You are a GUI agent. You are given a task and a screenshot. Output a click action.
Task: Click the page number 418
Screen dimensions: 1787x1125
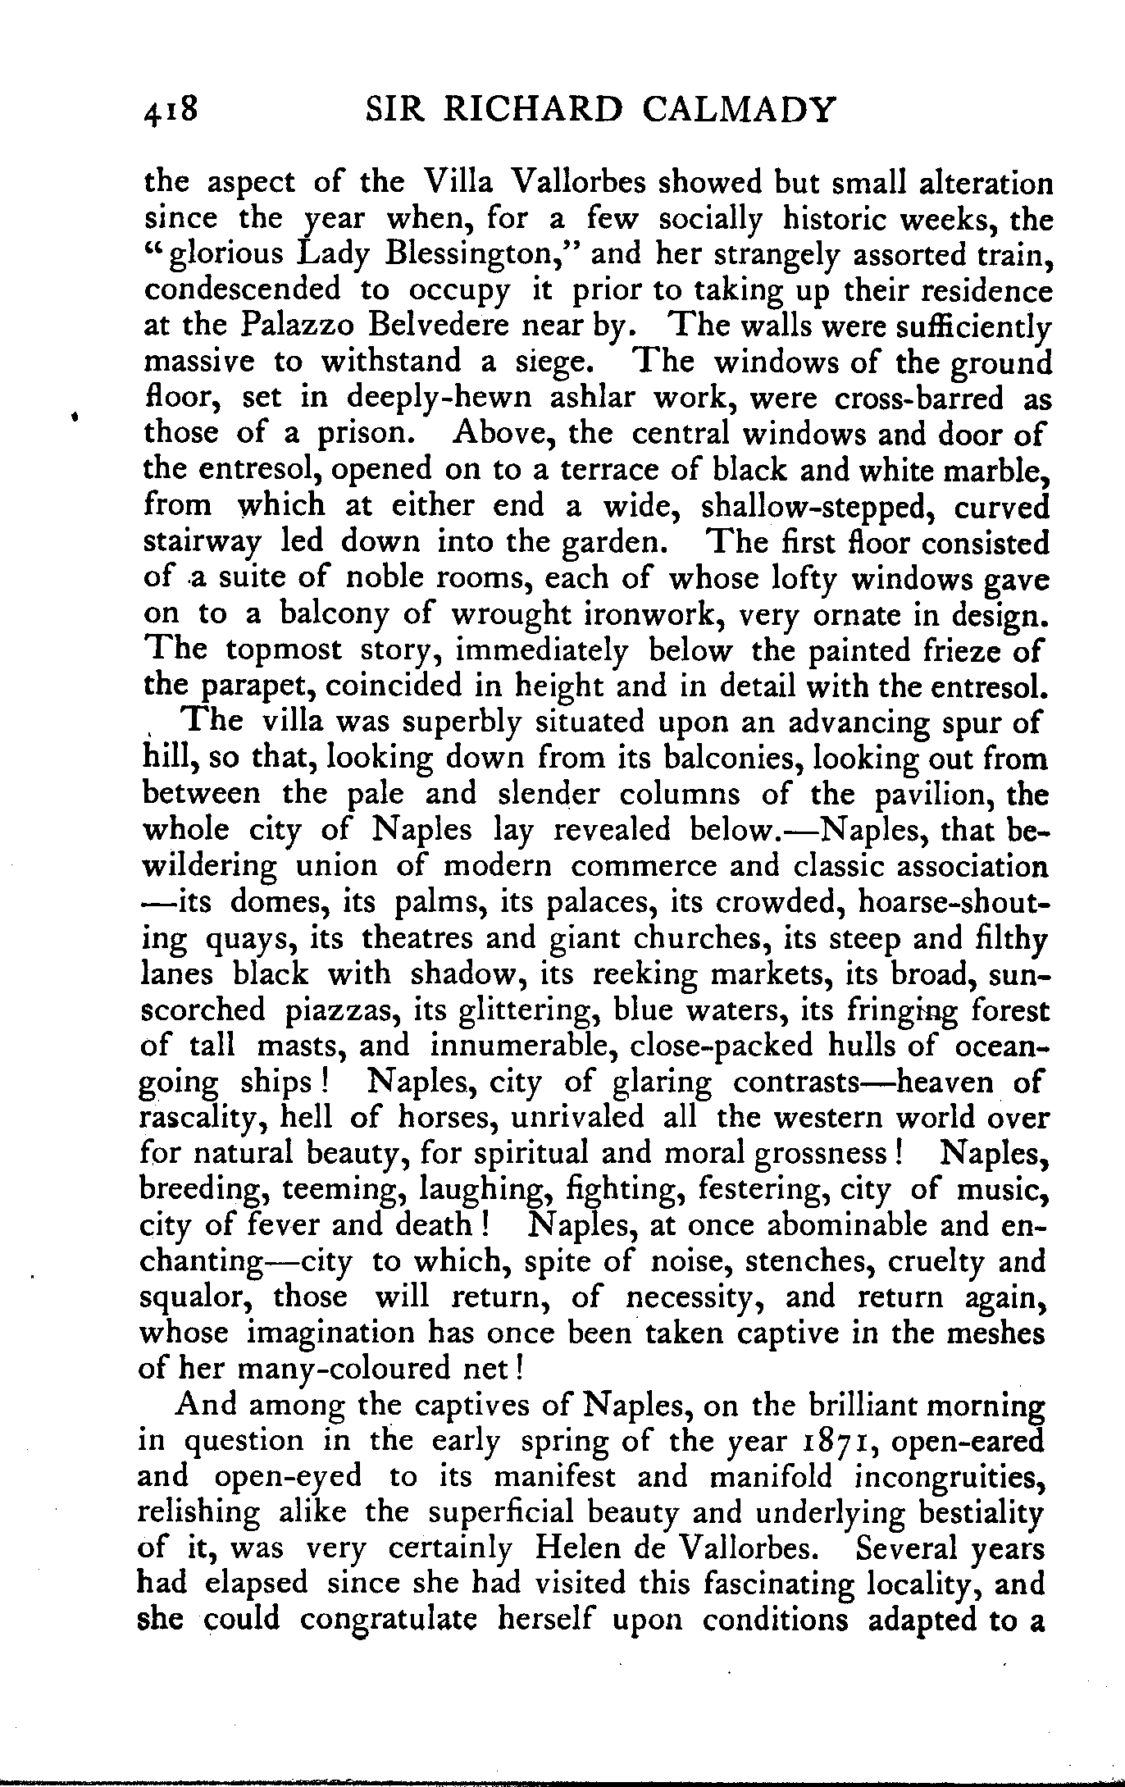click(x=171, y=111)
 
